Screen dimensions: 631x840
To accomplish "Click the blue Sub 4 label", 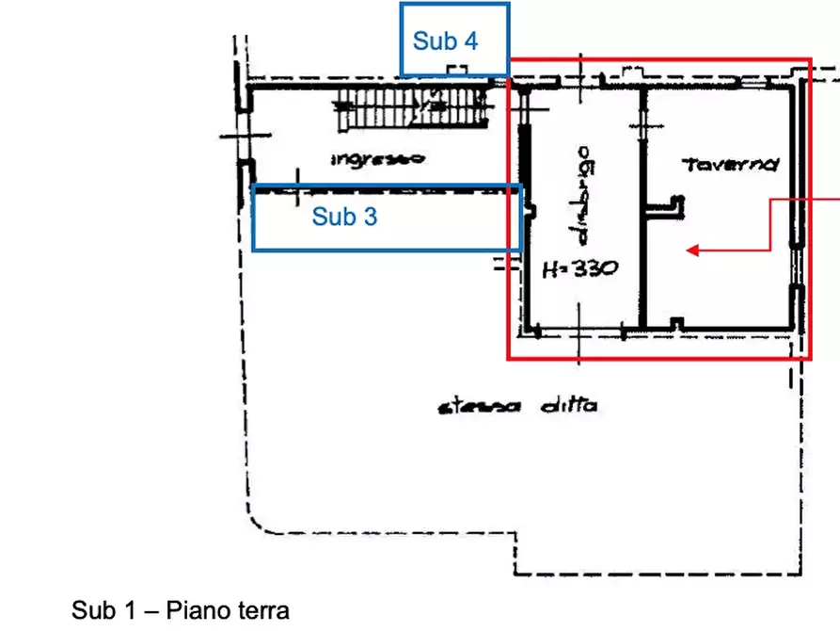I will [445, 41].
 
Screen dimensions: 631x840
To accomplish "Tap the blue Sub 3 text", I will [344, 217].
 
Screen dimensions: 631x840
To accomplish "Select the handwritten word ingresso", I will [377, 159].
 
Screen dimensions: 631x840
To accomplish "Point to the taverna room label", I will [732, 165].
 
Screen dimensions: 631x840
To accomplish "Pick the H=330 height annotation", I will [580, 268].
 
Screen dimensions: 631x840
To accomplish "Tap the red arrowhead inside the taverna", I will [691, 251].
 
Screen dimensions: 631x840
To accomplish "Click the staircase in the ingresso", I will [413, 108].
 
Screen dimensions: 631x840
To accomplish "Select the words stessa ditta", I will [517, 407].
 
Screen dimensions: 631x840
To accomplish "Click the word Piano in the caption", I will [193, 610].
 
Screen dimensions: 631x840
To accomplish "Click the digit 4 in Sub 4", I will [469, 41].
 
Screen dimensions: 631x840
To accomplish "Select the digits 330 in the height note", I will [594, 268].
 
